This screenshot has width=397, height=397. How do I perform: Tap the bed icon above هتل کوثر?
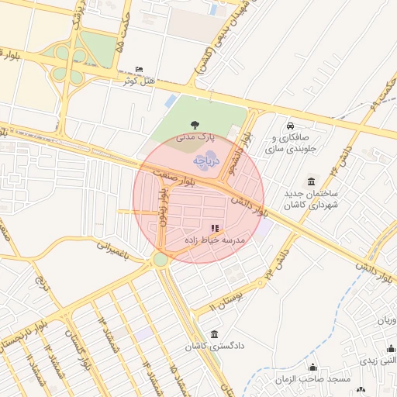(139, 70)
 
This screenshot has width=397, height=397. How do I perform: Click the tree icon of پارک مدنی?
(193, 124)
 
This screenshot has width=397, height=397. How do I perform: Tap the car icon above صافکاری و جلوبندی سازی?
(290, 126)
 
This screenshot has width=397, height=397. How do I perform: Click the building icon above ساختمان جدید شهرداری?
(312, 180)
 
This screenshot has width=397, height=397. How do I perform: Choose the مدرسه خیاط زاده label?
(215, 240)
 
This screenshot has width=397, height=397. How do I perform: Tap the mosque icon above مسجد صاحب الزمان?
(313, 368)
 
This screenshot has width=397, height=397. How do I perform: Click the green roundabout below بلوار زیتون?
(160, 260)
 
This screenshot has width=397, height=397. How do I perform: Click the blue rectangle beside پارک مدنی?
(171, 102)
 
